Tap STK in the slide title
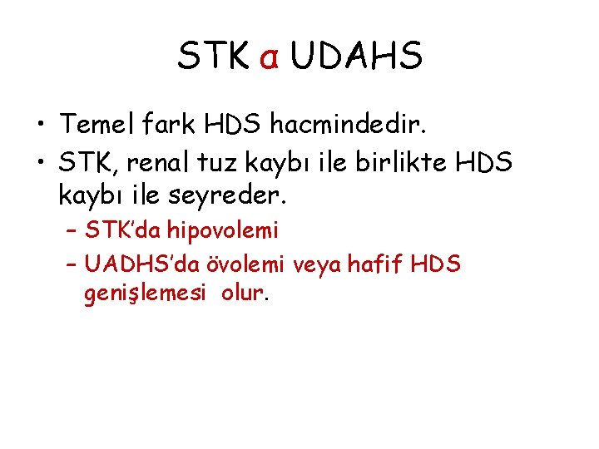pos(213,56)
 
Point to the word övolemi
pos(247,264)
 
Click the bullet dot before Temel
pos(39,126)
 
